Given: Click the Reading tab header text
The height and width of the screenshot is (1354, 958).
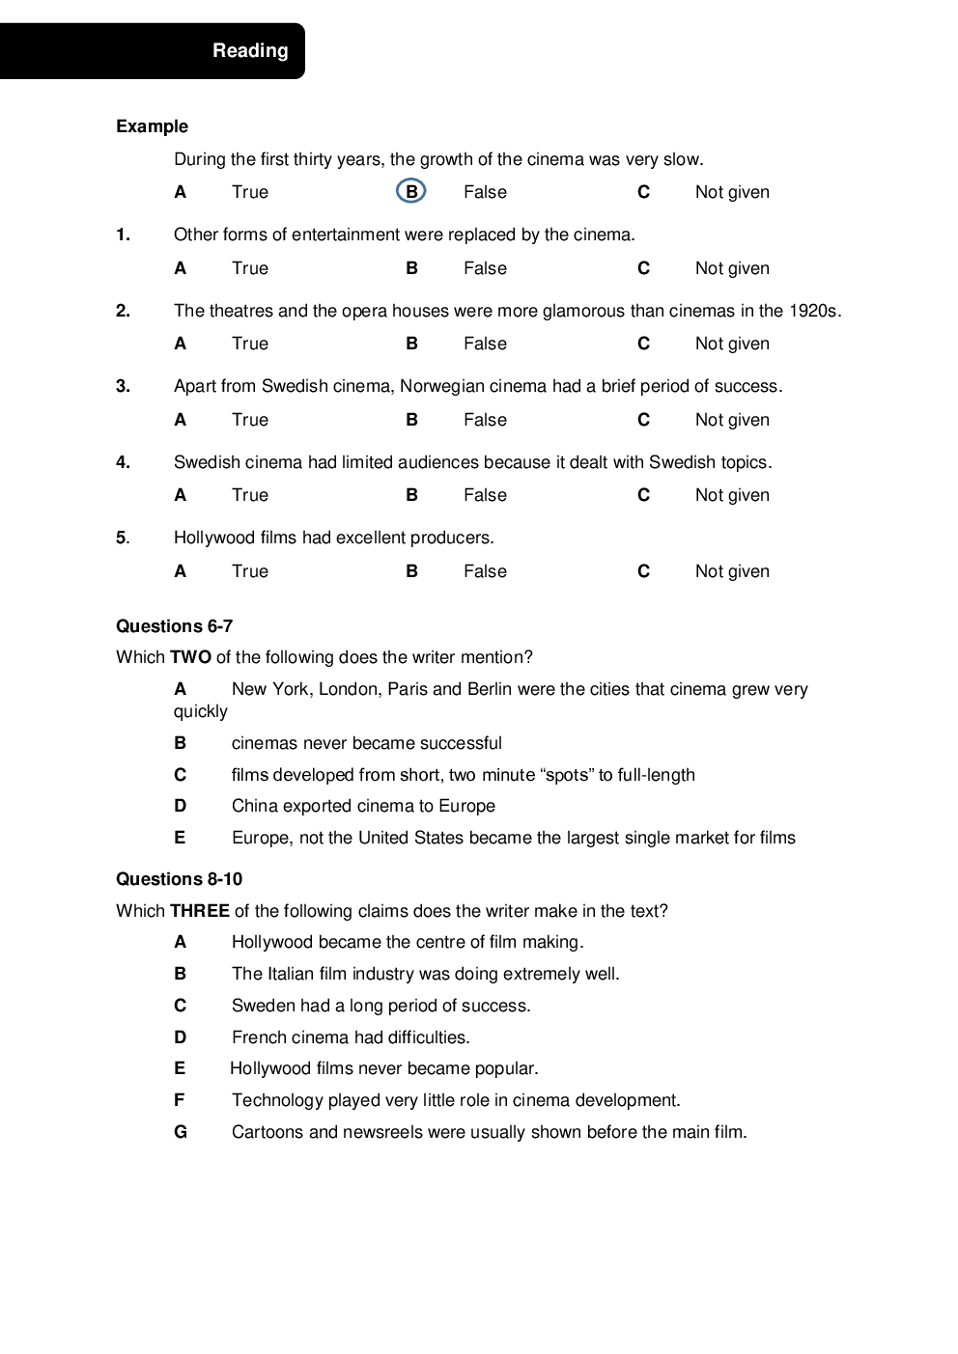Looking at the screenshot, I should (250, 51).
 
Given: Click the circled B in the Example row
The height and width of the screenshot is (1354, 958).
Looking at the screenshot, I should (411, 192).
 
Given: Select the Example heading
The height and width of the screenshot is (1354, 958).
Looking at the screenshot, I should (152, 126).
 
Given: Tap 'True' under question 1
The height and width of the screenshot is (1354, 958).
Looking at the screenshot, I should (249, 268).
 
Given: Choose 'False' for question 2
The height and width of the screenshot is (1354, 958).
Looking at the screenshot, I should (484, 344).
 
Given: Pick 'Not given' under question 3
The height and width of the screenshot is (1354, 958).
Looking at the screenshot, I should (732, 420).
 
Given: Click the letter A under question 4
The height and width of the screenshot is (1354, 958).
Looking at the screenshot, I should (180, 495).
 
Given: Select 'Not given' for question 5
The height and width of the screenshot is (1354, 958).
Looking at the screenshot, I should (732, 571).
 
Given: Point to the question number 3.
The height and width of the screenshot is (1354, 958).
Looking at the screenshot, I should (123, 386).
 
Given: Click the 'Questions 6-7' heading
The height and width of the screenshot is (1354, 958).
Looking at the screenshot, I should (174, 626).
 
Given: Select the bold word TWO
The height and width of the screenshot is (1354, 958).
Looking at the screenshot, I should (190, 657).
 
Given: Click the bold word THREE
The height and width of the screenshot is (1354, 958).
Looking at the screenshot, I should (199, 911).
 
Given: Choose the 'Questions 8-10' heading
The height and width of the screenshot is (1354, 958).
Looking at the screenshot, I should (179, 879).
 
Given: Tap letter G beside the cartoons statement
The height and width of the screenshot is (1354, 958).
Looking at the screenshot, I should (181, 1132).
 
